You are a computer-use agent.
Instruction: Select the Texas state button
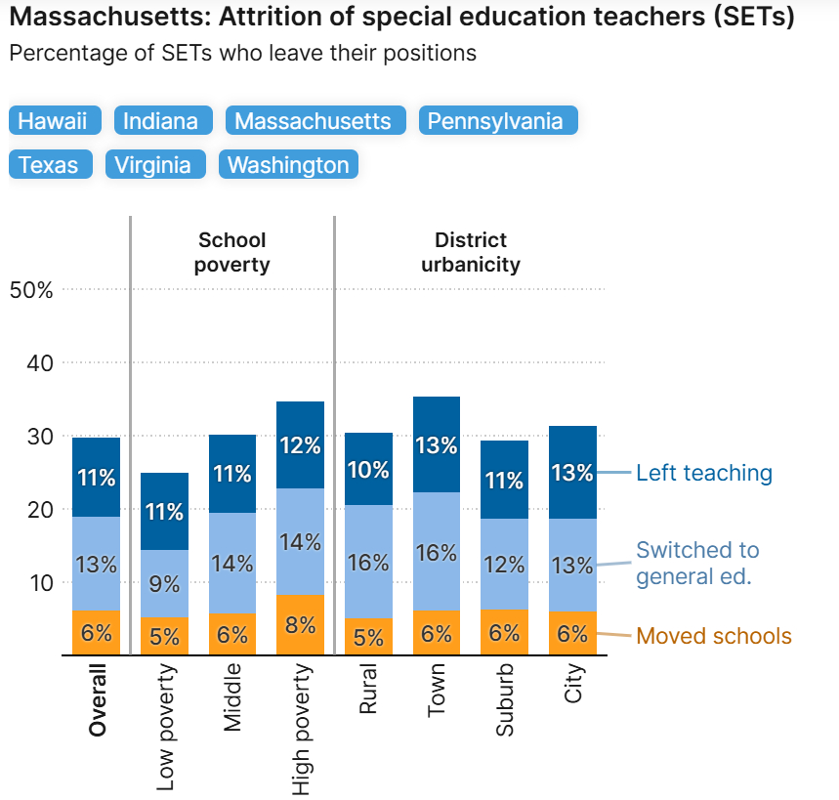pyautogui.click(x=50, y=165)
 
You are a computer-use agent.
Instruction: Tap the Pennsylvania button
pyautogui.click(x=498, y=121)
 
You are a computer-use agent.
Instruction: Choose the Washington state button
pyautogui.click(x=289, y=165)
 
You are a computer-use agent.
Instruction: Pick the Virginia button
pyautogui.click(x=155, y=165)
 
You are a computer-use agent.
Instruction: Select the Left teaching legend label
pyautogui.click(x=703, y=474)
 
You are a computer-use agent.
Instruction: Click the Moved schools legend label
pyautogui.click(x=713, y=637)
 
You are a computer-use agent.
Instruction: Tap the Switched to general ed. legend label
pyautogui.click(x=697, y=564)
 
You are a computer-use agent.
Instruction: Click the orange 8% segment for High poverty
pyautogui.click(x=301, y=625)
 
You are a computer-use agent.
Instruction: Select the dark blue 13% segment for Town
pyautogui.click(x=437, y=444)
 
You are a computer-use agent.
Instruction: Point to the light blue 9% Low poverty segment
pyautogui.click(x=165, y=583)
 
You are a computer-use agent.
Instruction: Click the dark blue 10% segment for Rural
pyautogui.click(x=368, y=469)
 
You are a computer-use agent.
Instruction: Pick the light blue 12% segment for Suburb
pyautogui.click(x=504, y=564)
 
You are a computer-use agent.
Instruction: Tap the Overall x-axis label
pyautogui.click(x=98, y=699)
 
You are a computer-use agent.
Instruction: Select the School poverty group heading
pyautogui.click(x=231, y=252)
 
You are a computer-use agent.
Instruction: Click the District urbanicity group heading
pyautogui.click(x=471, y=252)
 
